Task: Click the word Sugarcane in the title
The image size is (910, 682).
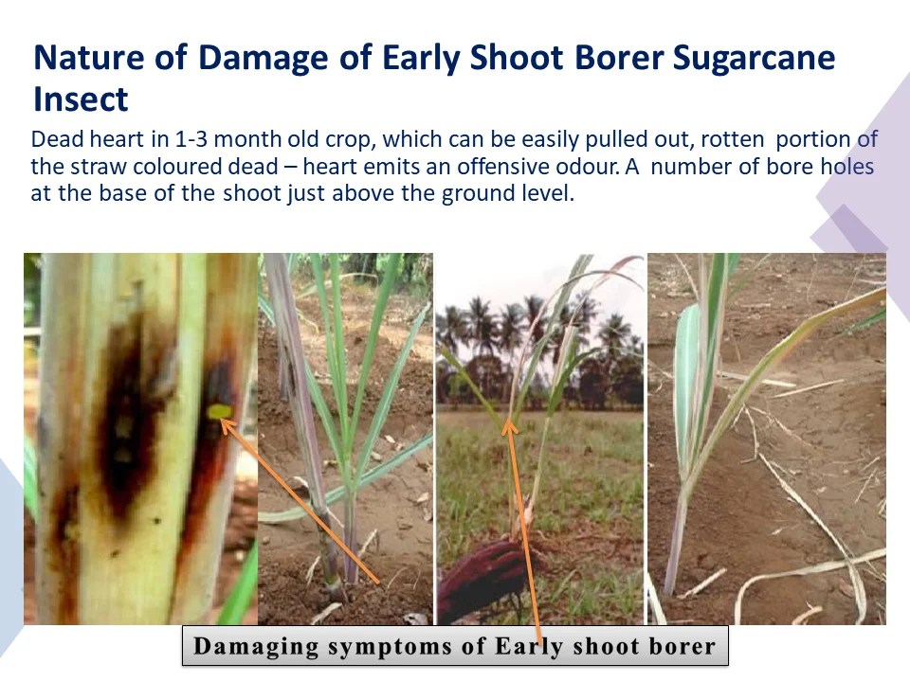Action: coord(754,59)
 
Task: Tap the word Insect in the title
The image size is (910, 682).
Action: coord(80,99)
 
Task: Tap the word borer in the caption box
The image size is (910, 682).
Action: coord(679,648)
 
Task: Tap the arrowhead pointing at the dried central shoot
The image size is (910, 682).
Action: coord(509,427)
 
